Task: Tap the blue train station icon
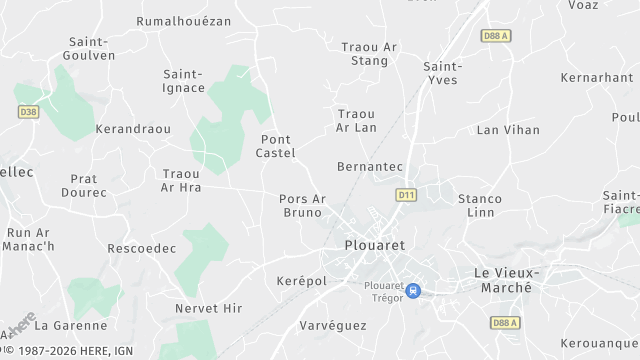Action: coord(414,291)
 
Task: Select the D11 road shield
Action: coord(405,194)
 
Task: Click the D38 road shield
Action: coord(27,112)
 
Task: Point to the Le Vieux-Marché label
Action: coord(506,279)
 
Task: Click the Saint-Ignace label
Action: coord(184,80)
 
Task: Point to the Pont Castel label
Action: coord(277,146)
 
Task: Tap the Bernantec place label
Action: coord(370,165)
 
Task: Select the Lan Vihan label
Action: coord(508,129)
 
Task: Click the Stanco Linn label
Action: coord(480,206)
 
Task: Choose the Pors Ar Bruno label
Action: coord(303,205)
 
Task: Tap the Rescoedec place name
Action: coord(141,248)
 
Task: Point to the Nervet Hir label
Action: coord(208,309)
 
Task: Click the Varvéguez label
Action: coord(333,325)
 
